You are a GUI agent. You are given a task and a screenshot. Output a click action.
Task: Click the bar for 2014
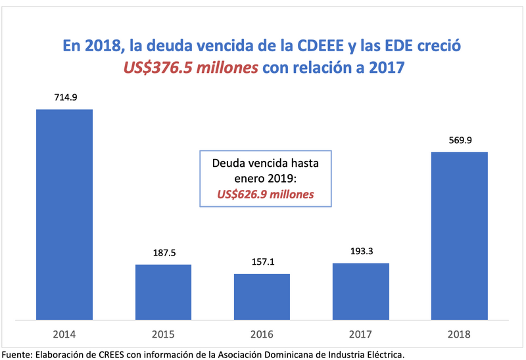point(64,214)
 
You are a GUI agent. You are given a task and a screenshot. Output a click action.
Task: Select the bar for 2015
point(163,292)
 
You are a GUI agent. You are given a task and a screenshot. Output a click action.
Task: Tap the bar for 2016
point(262,296)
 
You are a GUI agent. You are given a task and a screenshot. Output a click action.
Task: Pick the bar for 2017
point(360,291)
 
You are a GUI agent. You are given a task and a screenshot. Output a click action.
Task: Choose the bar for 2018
point(459,235)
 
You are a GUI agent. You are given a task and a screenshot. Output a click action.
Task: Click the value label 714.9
point(64,98)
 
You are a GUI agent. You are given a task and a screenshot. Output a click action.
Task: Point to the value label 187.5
point(163,254)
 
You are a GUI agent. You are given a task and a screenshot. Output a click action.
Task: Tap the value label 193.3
point(360,252)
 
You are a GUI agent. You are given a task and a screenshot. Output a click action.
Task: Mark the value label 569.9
point(459,141)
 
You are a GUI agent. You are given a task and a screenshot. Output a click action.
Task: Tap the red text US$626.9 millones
point(266,194)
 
